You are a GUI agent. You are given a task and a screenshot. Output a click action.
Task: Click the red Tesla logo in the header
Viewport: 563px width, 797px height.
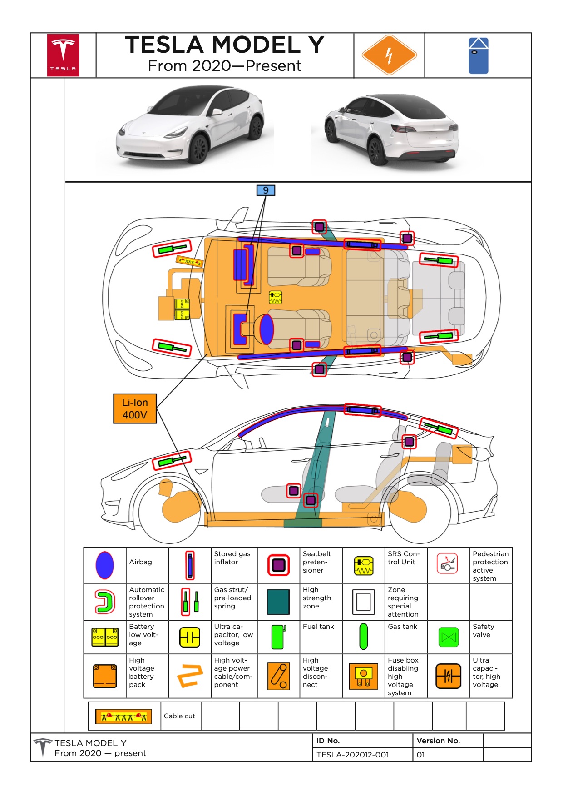click(63, 55)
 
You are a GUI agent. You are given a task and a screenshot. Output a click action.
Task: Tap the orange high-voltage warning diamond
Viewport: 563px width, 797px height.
click(389, 55)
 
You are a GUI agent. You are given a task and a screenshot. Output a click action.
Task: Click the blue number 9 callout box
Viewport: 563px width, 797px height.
click(266, 190)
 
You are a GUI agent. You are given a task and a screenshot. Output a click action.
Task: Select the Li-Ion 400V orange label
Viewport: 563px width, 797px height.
click(135, 408)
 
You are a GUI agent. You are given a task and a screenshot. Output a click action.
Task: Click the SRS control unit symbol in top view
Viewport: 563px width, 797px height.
click(276, 297)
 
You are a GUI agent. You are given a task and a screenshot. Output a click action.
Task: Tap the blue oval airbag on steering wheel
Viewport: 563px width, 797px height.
click(267, 329)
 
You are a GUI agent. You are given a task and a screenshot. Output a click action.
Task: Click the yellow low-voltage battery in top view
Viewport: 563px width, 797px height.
click(182, 309)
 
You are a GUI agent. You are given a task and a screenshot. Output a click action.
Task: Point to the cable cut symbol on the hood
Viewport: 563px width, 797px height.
click(189, 261)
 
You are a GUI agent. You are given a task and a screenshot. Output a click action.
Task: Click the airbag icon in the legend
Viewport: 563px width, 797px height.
click(105, 565)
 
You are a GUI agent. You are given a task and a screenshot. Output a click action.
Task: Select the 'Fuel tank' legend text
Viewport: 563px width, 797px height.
click(318, 627)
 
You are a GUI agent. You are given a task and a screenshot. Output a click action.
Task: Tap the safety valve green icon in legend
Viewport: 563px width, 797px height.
click(449, 637)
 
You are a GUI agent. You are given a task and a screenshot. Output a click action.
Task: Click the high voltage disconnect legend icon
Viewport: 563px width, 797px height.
click(278, 676)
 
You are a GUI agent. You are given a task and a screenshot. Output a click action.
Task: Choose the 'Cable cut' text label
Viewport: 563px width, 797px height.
click(179, 716)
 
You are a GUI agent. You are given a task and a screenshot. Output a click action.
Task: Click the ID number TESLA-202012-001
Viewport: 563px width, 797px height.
click(352, 755)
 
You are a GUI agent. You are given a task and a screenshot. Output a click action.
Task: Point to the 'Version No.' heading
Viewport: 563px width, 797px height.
click(438, 741)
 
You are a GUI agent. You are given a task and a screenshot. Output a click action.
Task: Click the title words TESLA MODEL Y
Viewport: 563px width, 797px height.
click(225, 45)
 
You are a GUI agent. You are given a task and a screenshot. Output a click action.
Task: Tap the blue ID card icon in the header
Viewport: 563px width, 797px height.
click(478, 55)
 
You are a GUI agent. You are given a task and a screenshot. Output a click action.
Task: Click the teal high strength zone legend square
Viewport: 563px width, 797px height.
click(278, 602)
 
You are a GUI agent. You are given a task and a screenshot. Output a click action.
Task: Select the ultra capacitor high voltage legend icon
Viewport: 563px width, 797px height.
click(448, 676)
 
